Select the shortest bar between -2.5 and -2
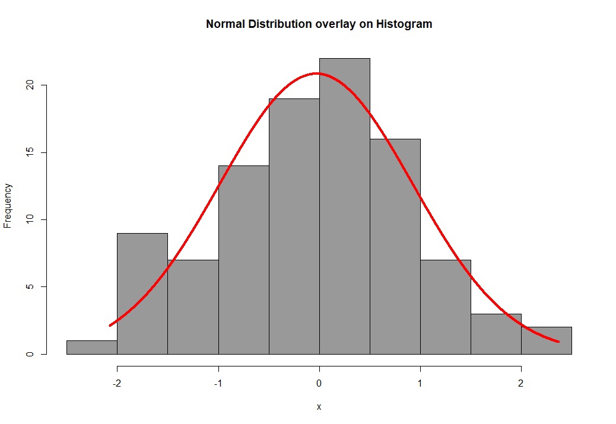(91, 348)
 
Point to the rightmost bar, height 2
(547, 340)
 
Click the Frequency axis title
(8, 206)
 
